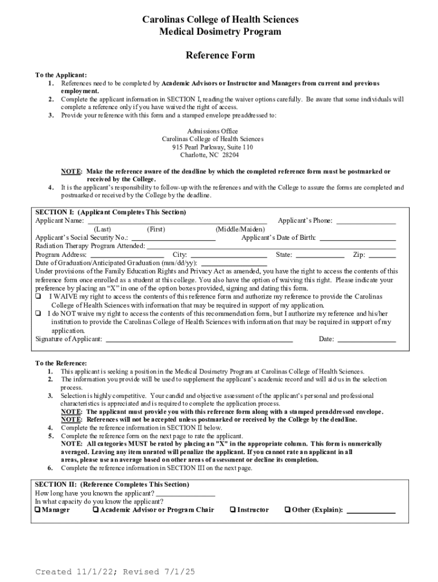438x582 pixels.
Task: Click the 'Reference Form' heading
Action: point(220,55)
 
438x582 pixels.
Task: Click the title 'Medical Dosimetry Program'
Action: point(220,31)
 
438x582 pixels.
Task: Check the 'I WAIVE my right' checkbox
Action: point(38,297)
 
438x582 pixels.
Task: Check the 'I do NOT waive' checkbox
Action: point(38,313)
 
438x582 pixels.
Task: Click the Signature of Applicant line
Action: point(199,340)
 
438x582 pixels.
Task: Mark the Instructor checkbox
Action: point(233,510)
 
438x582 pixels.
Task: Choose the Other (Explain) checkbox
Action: point(287,510)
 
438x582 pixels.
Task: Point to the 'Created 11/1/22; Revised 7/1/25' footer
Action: point(115,572)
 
